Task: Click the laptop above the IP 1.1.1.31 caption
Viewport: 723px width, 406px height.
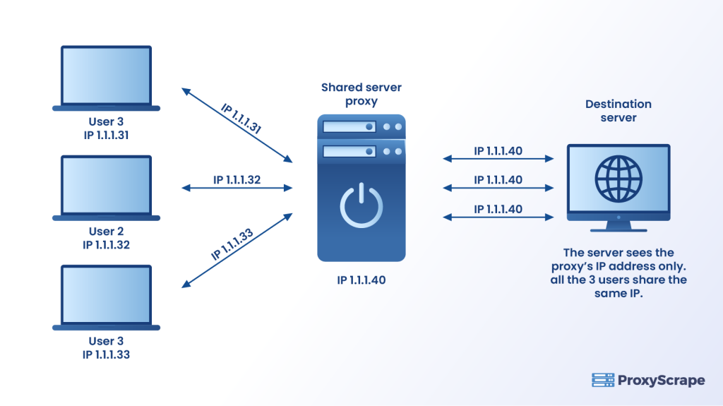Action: click(x=106, y=77)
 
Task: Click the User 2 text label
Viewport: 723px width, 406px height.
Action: click(x=106, y=232)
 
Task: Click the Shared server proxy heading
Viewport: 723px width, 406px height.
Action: click(x=361, y=94)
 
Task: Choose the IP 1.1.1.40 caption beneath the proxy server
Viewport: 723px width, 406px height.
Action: click(x=361, y=281)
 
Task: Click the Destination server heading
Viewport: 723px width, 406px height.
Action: click(x=619, y=111)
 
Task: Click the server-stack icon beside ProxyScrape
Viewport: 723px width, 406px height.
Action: click(x=602, y=381)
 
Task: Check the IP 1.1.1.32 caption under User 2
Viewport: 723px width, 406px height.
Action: click(x=106, y=245)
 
